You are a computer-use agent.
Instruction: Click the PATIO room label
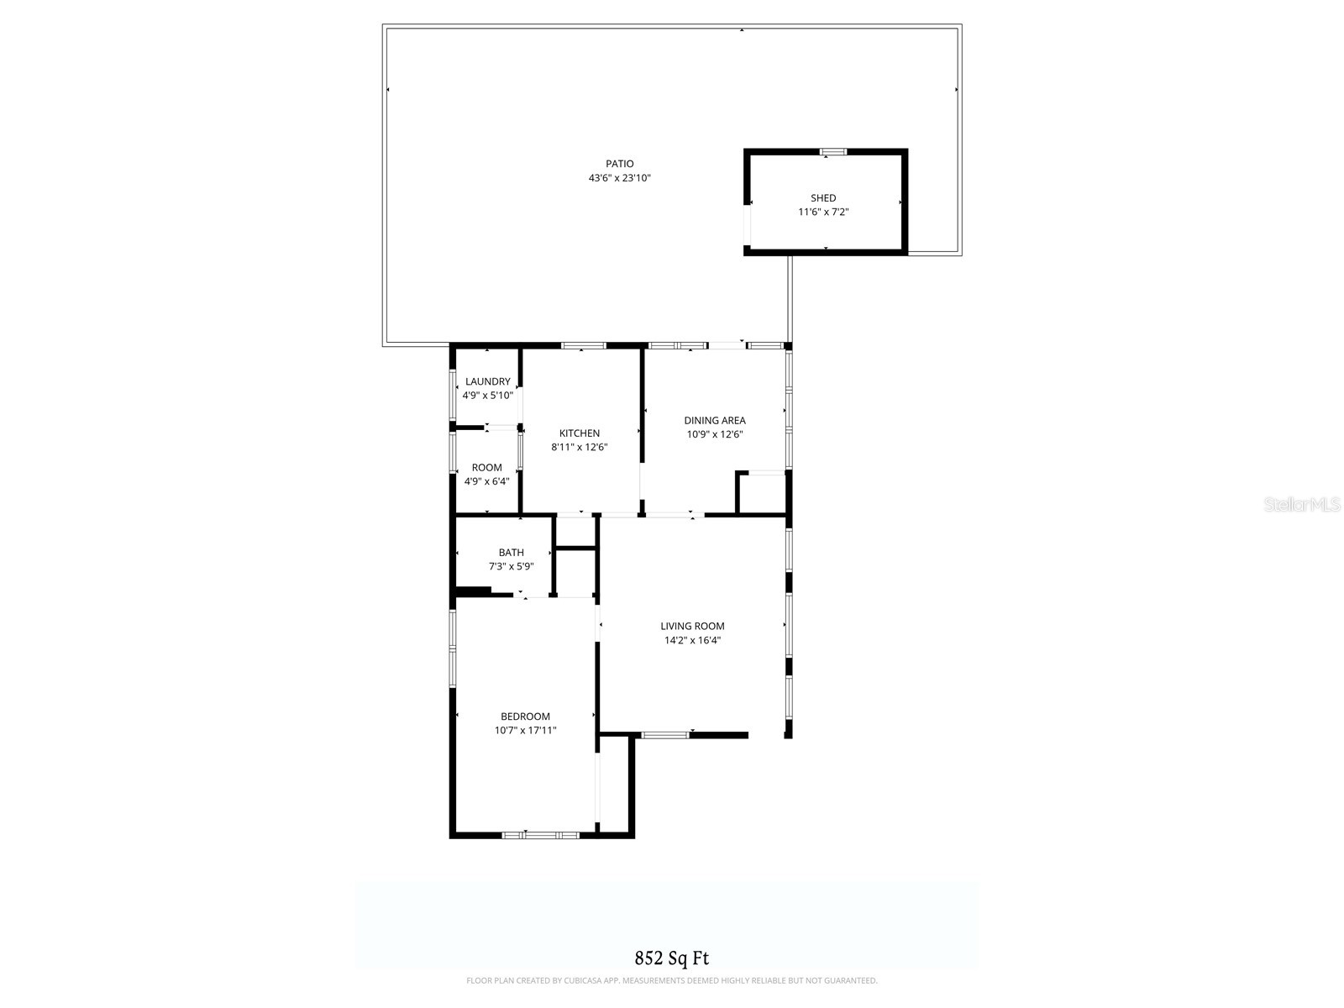[620, 164]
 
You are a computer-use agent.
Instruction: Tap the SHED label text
[823, 198]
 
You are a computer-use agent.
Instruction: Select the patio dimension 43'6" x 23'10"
[620, 178]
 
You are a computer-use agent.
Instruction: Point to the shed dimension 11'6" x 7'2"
[823, 213]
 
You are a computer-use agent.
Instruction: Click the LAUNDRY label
[487, 381]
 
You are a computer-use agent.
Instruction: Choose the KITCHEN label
[580, 433]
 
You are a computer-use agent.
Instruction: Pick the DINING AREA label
[715, 421]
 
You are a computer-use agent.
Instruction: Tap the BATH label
[511, 553]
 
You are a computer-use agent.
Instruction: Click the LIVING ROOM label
[692, 626]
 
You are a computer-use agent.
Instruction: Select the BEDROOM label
[525, 717]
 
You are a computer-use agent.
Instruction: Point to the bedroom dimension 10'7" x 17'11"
[525, 731]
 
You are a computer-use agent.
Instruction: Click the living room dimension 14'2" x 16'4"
[692, 640]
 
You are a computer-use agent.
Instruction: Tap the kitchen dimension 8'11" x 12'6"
[580, 448]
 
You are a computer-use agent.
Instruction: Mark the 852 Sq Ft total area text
[672, 958]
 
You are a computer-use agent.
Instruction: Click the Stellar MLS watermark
[1302, 505]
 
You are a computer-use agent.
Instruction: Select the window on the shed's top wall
[833, 152]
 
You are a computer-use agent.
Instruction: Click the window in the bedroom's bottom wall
[540, 835]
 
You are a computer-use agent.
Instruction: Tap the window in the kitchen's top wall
[583, 345]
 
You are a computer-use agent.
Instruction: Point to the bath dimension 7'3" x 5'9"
[511, 567]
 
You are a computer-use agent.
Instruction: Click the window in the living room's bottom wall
[664, 735]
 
